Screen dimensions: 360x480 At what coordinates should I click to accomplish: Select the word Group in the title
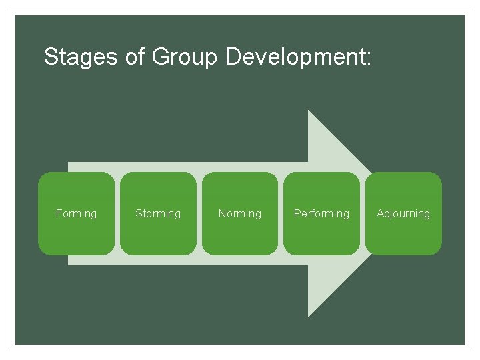(x=185, y=57)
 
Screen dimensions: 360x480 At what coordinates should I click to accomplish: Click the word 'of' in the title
(x=135, y=57)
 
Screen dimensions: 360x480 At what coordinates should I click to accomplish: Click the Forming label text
(x=76, y=213)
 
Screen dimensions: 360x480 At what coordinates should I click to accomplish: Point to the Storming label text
(x=158, y=213)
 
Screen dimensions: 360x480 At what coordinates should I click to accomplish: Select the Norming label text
(x=240, y=213)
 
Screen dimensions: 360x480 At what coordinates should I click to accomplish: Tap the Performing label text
(x=321, y=213)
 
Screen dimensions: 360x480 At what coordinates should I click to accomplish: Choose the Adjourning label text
(x=403, y=213)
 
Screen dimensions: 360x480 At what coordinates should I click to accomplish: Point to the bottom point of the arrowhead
(x=309, y=314)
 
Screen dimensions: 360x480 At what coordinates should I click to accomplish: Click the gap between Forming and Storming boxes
(x=117, y=213)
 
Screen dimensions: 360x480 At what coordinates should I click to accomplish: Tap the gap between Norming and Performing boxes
(x=281, y=213)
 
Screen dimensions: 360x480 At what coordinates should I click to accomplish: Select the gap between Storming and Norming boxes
(x=199, y=213)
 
